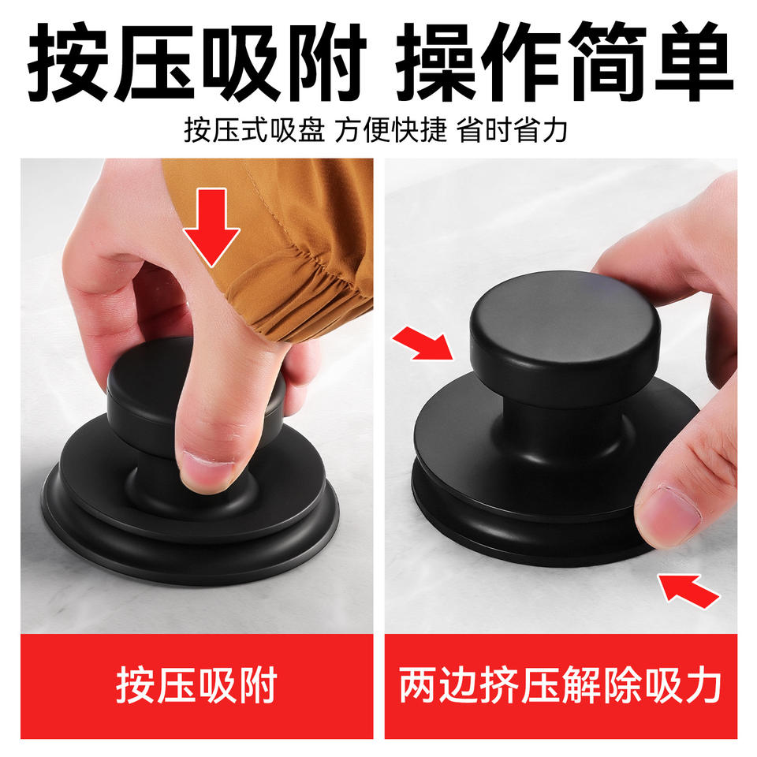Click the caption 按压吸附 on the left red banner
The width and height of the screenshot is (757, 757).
point(196,685)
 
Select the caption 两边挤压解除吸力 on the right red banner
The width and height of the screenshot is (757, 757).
point(561,685)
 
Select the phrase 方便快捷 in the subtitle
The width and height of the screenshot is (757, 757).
point(390,130)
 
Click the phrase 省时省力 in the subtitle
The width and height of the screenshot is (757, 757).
point(512,130)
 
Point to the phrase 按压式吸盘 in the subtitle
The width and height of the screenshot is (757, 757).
point(254,130)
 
